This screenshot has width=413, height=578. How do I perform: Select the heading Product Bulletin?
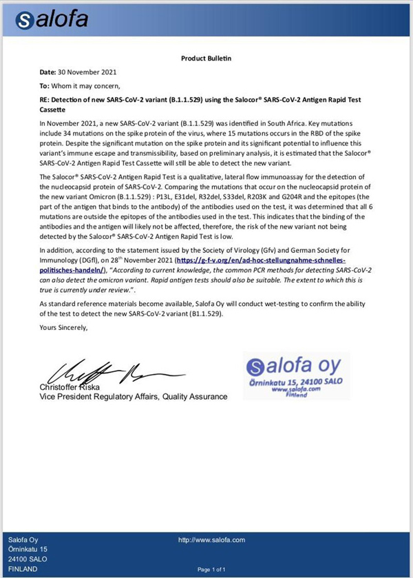[206, 59]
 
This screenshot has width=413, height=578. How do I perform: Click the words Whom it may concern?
[87, 86]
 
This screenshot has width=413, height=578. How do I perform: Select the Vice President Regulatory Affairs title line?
[133, 397]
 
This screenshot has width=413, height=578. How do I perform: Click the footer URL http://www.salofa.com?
[211, 540]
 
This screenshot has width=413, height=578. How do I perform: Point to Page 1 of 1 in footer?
[212, 570]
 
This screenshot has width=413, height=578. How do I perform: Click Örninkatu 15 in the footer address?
[28, 549]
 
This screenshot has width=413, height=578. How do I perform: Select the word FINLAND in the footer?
[23, 568]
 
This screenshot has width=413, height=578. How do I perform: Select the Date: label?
[47, 72]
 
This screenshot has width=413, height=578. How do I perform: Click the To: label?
[45, 86]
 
